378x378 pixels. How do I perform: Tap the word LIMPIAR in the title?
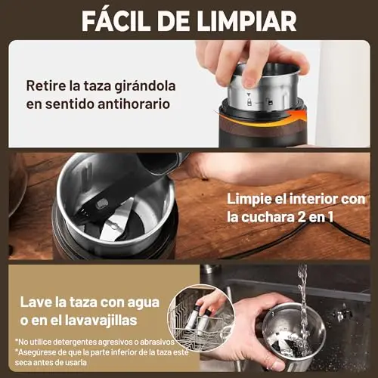249,20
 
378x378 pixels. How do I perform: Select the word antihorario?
134,104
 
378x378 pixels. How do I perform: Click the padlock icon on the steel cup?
249,103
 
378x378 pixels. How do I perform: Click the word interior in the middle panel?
313,199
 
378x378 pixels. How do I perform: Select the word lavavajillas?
101,321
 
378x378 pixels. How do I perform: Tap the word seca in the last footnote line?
23,363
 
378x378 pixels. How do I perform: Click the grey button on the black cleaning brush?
102,204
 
